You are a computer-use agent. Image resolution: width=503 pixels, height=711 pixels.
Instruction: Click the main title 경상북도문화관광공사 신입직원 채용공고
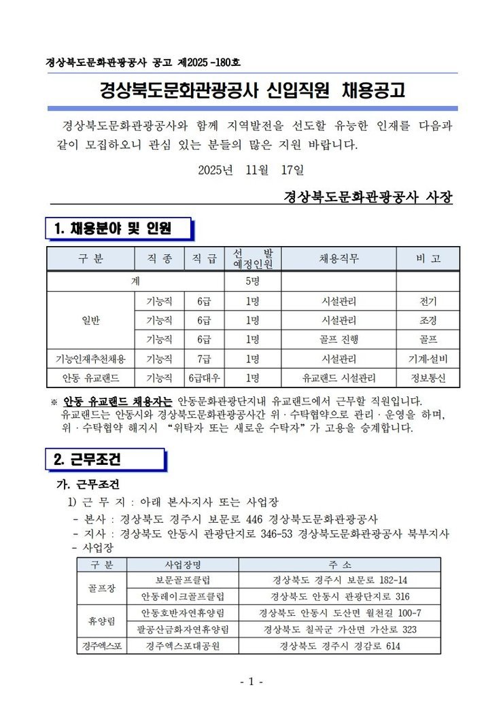(x=252, y=90)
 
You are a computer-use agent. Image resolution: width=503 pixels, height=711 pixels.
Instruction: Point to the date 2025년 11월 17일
(x=252, y=169)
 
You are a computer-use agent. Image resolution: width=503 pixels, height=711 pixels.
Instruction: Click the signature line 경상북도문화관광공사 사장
(x=368, y=197)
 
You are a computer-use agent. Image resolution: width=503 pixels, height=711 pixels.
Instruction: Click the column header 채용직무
(x=339, y=258)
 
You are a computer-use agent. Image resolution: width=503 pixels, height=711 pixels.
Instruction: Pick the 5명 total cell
(x=252, y=281)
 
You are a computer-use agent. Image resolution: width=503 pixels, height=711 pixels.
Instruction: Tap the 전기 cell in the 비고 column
(x=428, y=301)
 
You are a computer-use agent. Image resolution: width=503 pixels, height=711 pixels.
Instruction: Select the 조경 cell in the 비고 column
(x=428, y=320)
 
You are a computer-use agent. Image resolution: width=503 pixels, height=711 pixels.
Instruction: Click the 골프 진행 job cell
(x=339, y=339)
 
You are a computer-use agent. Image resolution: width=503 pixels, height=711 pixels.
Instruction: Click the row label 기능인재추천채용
(x=90, y=359)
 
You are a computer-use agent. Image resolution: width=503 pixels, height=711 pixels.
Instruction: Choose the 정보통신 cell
(x=428, y=378)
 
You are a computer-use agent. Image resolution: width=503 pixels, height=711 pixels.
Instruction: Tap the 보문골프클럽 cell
(x=183, y=580)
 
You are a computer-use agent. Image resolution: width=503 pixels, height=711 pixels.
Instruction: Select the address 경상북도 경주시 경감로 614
(x=340, y=646)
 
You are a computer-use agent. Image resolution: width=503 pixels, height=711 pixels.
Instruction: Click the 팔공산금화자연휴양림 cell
(x=183, y=629)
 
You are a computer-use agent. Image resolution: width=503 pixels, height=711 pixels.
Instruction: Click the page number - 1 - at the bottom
(x=251, y=681)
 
